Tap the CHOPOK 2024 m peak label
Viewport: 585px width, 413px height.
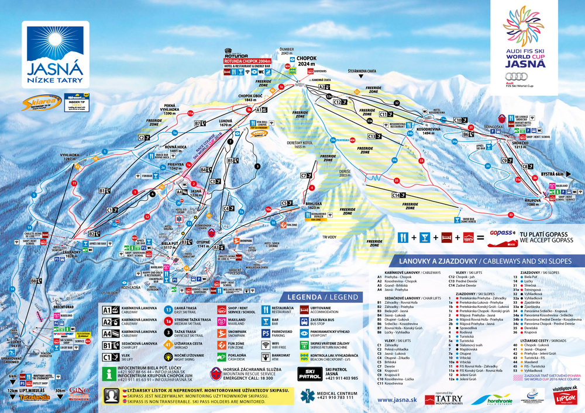click(x=307, y=61)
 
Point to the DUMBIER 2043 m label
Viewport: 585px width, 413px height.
click(x=286, y=51)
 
